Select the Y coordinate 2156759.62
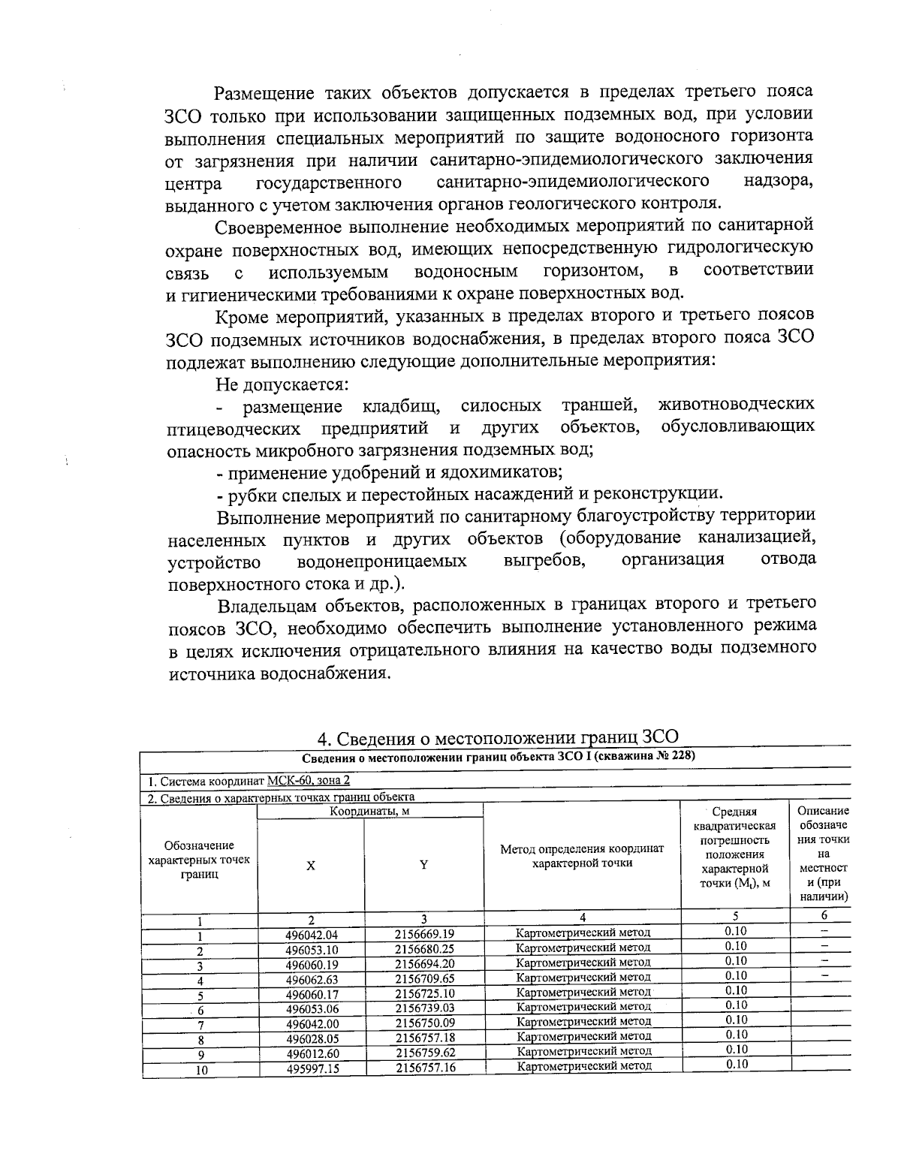point(425,1053)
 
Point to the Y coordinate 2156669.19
point(425,934)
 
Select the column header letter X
point(310,865)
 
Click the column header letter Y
point(423,864)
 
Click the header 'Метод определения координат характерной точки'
point(582,856)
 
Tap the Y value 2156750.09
point(425,1023)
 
